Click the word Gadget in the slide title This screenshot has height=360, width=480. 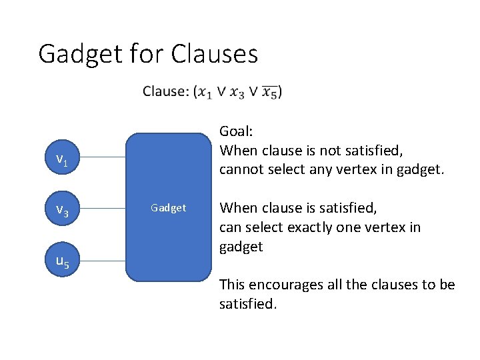(x=79, y=54)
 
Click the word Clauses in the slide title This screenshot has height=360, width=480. (x=214, y=54)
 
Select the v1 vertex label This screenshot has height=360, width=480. (x=61, y=159)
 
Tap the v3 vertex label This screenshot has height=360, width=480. (x=61, y=211)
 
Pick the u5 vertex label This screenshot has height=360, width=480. (x=61, y=262)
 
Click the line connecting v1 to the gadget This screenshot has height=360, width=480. (x=101, y=158)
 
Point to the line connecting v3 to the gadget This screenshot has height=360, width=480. (x=101, y=209)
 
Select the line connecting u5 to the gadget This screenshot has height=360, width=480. (x=101, y=261)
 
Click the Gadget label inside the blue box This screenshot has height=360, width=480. (x=168, y=208)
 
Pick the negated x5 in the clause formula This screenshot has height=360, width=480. (x=270, y=92)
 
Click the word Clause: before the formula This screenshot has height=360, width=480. (x=165, y=91)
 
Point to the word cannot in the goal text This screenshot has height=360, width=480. (x=240, y=169)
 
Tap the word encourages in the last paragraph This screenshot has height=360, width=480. (x=287, y=285)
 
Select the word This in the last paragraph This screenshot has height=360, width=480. (x=233, y=285)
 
